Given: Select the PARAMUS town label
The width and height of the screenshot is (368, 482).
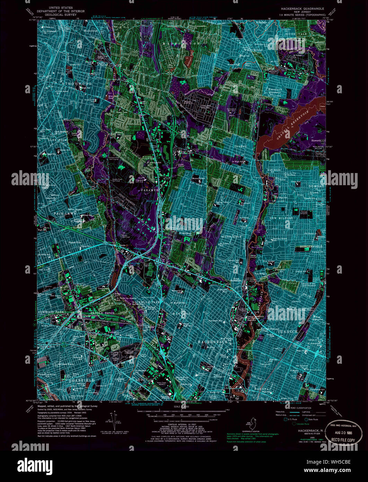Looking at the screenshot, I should coord(149,190).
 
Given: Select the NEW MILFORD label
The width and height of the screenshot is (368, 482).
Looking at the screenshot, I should coord(281,218).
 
